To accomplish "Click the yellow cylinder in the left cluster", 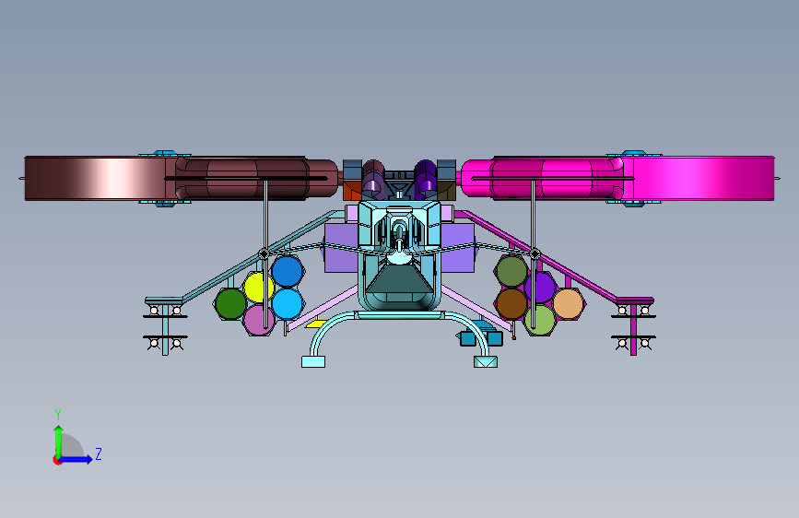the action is (x=258, y=288).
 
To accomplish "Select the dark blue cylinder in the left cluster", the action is (x=287, y=271).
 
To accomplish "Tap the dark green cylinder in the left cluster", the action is (x=230, y=304).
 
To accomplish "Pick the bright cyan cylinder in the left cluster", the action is (x=287, y=304).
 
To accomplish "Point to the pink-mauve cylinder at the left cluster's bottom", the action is (x=258, y=320).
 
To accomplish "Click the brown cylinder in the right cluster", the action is (x=511, y=304).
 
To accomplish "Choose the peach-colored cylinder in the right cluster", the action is (x=568, y=304).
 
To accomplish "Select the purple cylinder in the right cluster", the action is (x=541, y=288).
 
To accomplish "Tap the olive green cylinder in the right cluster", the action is (x=511, y=271).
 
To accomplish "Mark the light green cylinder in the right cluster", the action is (x=541, y=320).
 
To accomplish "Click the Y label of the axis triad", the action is (x=58, y=414).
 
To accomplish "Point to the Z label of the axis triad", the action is (x=99, y=453).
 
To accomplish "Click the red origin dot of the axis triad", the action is (x=57, y=460).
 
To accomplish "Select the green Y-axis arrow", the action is (x=59, y=441).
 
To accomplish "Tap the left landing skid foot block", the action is (x=313, y=361).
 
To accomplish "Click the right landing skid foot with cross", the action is (x=485, y=361).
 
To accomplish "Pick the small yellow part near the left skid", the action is (x=316, y=324).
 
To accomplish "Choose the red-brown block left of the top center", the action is (x=352, y=191).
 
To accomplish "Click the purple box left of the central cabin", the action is (x=341, y=247).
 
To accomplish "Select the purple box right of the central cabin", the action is (x=458, y=247).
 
